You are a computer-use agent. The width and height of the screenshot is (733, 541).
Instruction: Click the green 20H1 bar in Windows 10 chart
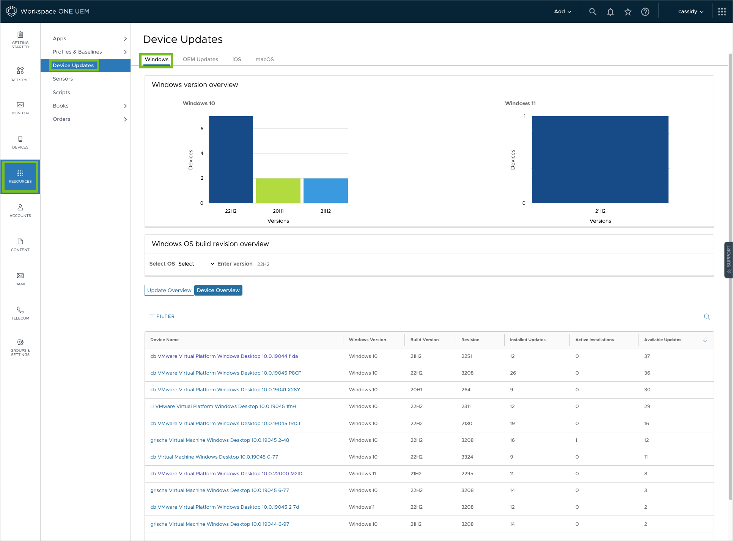tap(278, 191)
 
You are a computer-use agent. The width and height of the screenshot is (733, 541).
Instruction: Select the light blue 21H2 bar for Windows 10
tap(326, 191)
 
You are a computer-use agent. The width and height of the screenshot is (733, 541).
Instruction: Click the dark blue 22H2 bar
tap(231, 160)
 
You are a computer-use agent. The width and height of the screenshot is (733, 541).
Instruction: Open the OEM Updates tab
tap(200, 59)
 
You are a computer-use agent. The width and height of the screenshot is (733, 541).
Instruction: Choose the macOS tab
tap(265, 59)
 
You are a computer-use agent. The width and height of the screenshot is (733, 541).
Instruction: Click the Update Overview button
tap(169, 290)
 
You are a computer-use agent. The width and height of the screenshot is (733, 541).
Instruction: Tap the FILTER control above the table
tap(162, 316)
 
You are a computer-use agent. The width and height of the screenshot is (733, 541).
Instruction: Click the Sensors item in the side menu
tap(63, 79)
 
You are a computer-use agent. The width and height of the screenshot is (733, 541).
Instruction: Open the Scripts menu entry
tap(61, 92)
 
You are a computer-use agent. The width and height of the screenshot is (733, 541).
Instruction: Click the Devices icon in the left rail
tap(20, 139)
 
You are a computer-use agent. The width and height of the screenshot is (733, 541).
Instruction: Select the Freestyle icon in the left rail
tap(20, 70)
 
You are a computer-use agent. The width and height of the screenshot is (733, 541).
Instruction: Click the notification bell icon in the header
tap(610, 12)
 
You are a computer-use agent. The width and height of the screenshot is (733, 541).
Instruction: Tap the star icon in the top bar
tap(628, 12)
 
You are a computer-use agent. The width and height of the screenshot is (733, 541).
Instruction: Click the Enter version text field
tap(285, 264)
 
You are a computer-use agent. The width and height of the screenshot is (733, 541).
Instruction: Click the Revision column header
tap(470, 340)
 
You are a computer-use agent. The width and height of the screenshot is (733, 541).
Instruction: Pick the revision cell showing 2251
tap(467, 356)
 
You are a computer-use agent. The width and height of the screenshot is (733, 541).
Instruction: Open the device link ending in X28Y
tap(225, 389)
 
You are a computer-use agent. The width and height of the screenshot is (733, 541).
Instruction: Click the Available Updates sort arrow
tap(705, 340)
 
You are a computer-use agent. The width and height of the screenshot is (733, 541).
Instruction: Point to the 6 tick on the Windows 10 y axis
tap(202, 129)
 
